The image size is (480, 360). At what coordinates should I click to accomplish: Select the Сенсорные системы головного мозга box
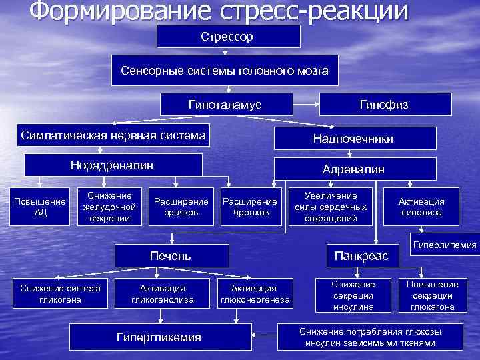pos(225,71)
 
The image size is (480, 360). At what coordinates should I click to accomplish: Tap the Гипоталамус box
pos(225,105)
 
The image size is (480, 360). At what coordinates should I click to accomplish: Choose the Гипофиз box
pos(385,105)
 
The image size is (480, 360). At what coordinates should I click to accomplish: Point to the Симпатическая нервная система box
pos(113,135)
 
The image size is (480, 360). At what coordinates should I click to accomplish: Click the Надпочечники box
pos(353,139)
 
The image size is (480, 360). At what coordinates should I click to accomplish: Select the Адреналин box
pos(353,169)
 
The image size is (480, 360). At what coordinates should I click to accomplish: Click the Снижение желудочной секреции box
pos(109,206)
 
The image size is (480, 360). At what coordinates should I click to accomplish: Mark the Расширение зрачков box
pos(181,207)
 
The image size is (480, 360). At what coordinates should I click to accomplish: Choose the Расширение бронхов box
pos(249,207)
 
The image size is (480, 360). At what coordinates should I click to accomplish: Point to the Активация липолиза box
pos(421,207)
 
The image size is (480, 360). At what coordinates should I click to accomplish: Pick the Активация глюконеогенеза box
pos(255,294)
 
